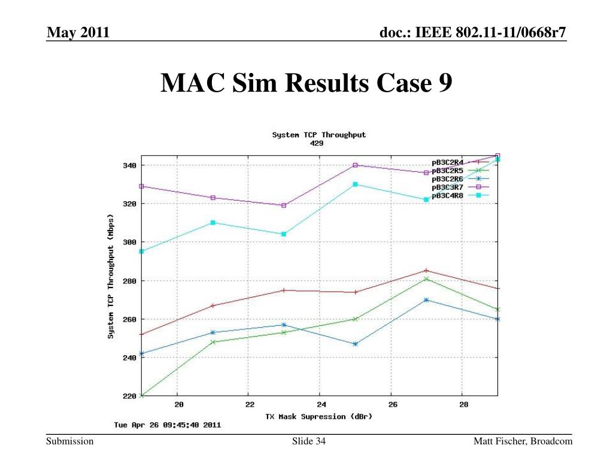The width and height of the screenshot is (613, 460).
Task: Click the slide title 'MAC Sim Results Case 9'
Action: (x=306, y=83)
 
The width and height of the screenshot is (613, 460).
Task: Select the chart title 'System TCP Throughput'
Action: (x=318, y=135)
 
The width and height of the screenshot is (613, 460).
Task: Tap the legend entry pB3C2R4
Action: (x=447, y=162)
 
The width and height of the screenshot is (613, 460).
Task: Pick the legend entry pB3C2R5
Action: (x=447, y=170)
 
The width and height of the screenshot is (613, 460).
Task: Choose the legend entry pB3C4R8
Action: (x=447, y=195)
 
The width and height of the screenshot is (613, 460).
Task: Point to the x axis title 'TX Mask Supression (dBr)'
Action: (x=318, y=416)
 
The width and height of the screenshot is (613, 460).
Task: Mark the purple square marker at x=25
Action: (x=355, y=165)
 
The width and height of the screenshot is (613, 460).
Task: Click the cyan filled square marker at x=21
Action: (x=213, y=222)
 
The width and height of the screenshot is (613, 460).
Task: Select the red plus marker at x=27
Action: (x=426, y=271)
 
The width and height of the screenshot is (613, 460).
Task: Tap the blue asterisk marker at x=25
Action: (x=355, y=344)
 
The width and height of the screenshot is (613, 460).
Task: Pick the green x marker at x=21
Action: (x=213, y=342)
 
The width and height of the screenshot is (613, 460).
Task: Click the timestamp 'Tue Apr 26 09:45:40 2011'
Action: (x=167, y=425)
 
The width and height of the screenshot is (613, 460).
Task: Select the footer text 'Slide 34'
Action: (x=308, y=441)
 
